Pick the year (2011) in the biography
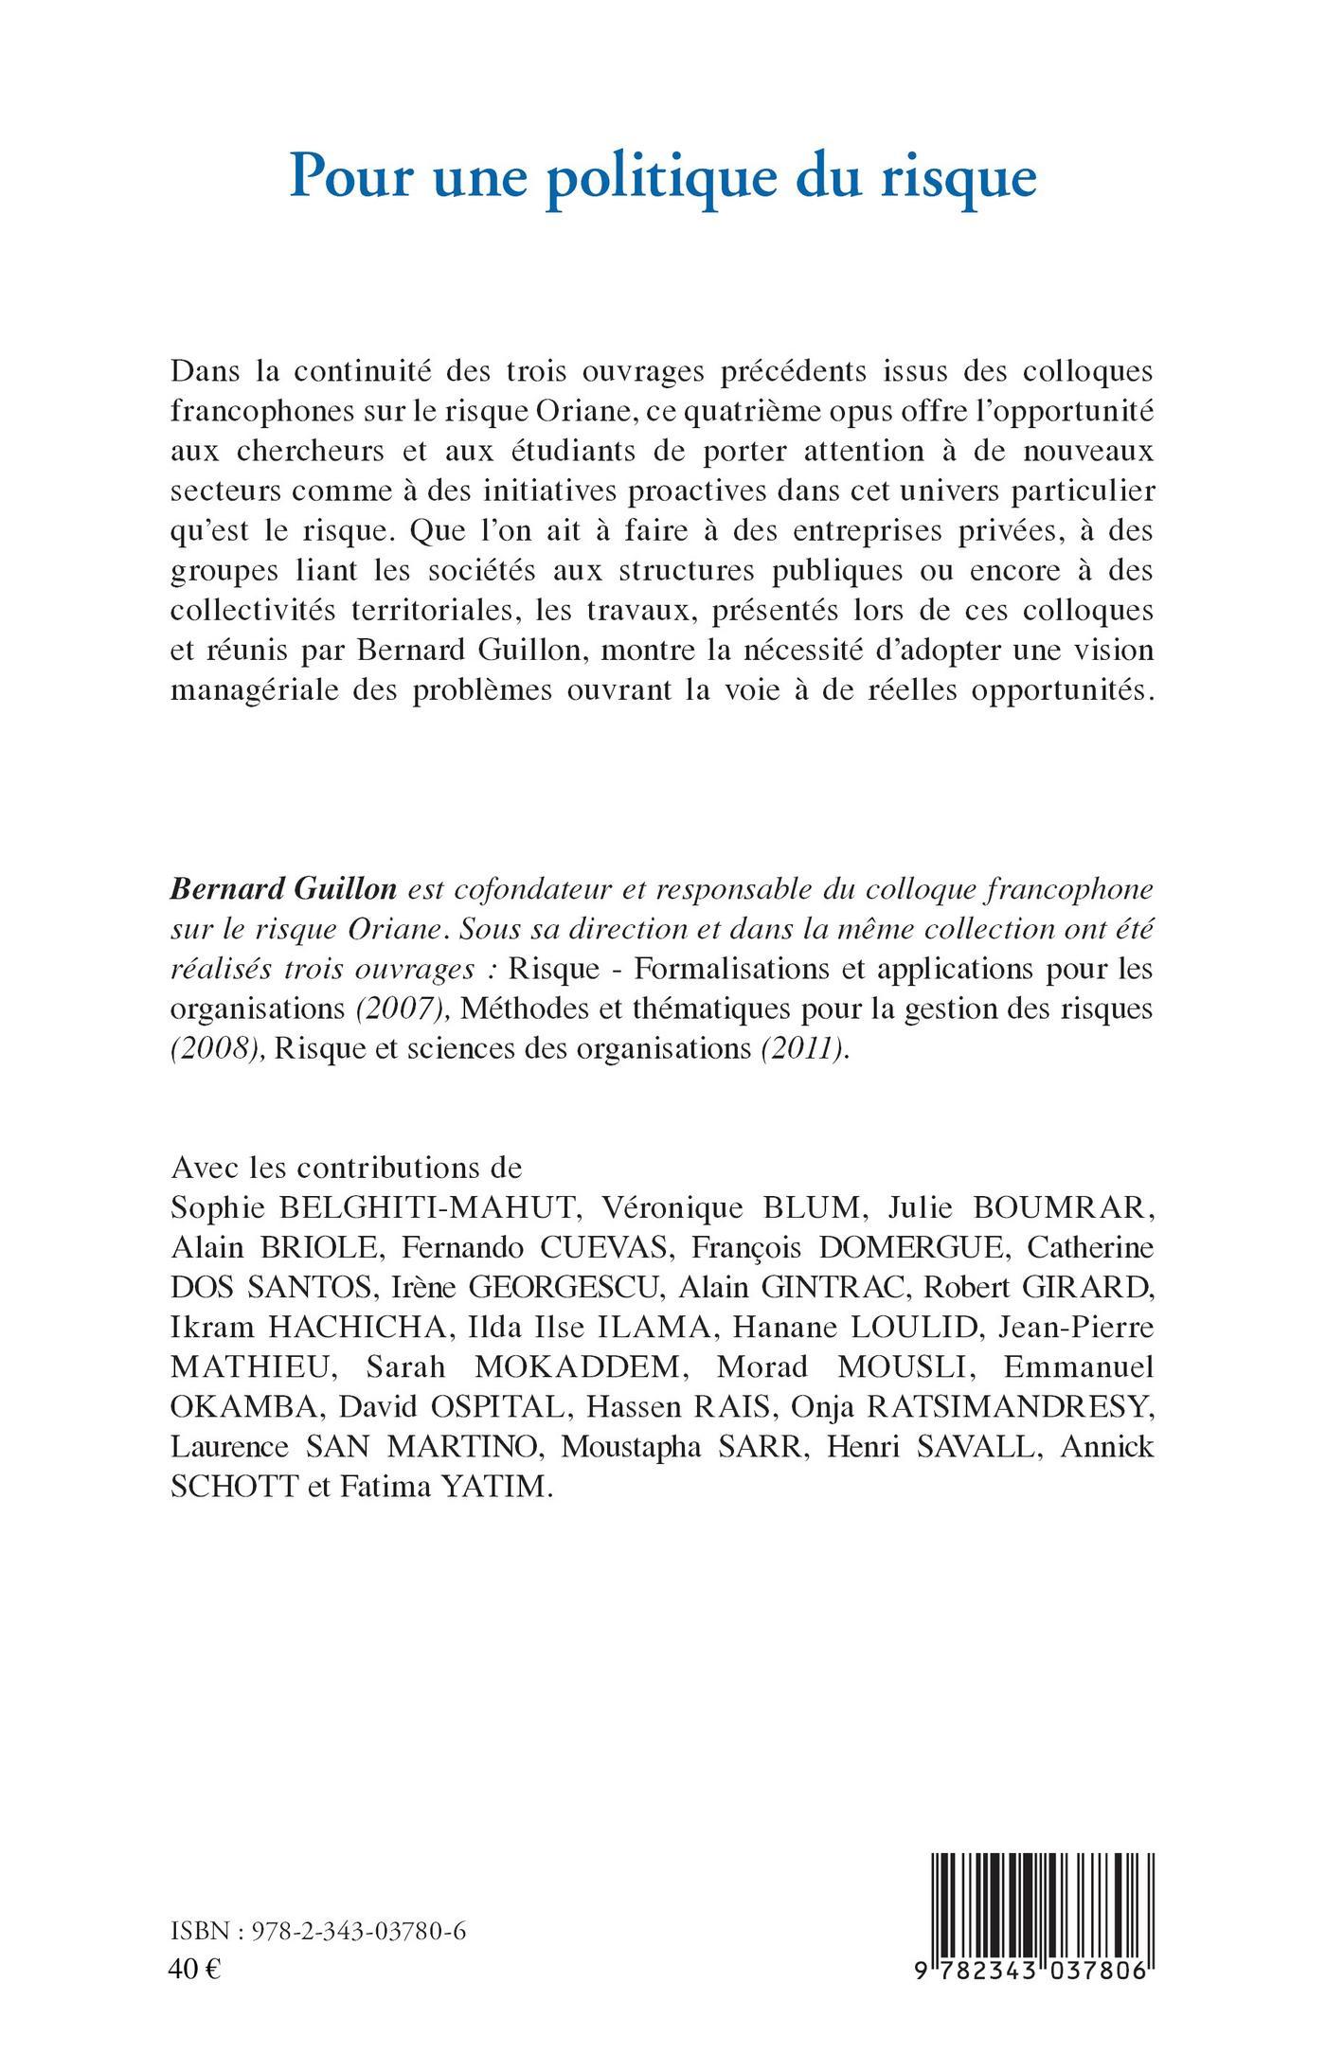coord(804,1049)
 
